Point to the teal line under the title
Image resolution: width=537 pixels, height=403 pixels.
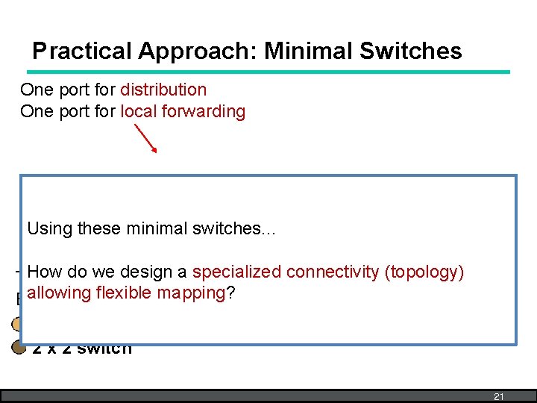(x=268, y=72)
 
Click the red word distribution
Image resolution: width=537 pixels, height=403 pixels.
(x=163, y=90)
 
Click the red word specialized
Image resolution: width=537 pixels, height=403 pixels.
(x=239, y=272)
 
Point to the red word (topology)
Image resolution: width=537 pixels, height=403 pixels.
(x=424, y=272)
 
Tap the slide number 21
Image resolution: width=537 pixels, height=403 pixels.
(x=499, y=396)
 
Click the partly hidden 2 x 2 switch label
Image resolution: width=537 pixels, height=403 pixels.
(x=82, y=349)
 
